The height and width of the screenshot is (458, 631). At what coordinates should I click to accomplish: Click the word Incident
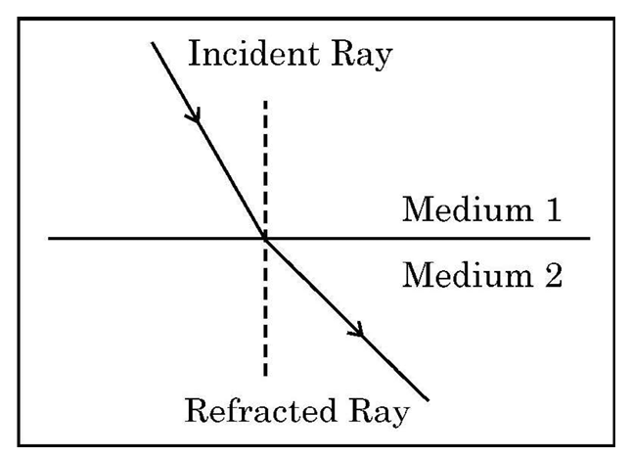254,53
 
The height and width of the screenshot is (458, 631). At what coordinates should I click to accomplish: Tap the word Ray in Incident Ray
362,56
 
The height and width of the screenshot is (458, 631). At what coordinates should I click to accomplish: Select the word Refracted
260,410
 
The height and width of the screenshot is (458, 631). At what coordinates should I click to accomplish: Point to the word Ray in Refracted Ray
379,413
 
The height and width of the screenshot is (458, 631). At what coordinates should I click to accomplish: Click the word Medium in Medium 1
468,208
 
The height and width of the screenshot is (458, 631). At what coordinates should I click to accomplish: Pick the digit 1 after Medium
554,208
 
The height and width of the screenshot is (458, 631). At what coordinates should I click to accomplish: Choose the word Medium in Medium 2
468,275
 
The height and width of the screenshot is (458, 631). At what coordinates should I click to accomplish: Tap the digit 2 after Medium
554,275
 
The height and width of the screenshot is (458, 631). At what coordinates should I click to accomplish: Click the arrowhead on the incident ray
194,114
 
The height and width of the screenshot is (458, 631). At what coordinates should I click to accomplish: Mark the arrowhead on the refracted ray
357,330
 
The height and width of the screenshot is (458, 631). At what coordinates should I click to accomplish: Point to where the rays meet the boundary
265,239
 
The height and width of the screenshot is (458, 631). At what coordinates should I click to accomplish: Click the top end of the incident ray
152,43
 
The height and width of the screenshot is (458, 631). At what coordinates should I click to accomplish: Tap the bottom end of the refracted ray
428,400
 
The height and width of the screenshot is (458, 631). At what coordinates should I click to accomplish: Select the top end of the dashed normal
265,101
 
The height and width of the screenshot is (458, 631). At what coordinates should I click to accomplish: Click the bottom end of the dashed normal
265,376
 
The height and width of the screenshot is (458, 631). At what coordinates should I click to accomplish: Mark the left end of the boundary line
49,239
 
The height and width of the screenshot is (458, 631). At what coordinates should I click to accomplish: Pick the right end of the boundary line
590,239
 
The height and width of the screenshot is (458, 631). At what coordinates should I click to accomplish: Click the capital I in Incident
195,53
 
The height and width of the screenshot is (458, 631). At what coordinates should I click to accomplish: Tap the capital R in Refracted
199,410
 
